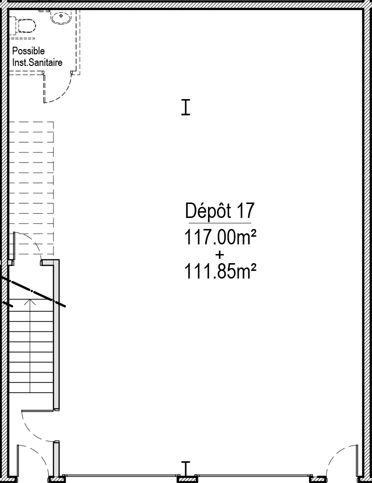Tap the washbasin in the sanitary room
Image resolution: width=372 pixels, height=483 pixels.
61,17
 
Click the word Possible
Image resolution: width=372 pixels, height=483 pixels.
28,51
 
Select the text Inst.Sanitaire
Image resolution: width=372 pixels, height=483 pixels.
37,63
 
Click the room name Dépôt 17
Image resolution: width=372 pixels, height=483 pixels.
220,211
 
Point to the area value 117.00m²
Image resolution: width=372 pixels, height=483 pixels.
220,238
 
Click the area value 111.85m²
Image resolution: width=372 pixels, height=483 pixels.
220,271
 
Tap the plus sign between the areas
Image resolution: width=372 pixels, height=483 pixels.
220,255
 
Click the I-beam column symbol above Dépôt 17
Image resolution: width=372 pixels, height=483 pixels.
186,107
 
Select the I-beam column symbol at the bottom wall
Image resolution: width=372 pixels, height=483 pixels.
186,468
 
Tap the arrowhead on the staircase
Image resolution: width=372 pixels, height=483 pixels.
30,302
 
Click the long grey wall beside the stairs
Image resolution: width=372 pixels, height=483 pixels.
56,335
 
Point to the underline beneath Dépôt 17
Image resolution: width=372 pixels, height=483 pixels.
220,223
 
